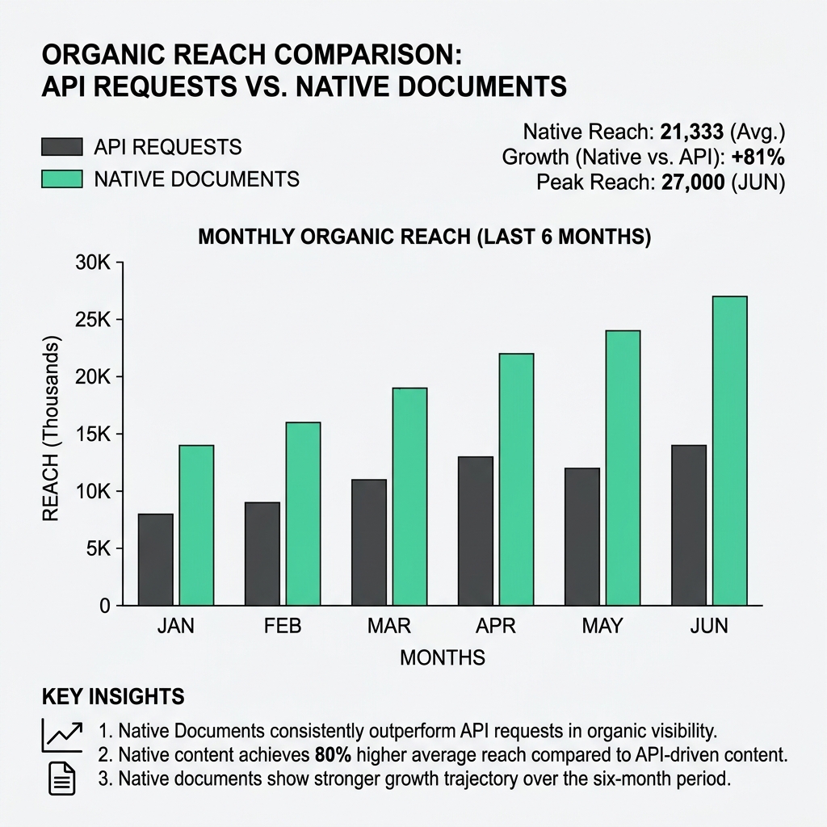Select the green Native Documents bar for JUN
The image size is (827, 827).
coord(729,451)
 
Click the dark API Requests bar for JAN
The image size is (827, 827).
coord(155,559)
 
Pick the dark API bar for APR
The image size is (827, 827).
coord(476,531)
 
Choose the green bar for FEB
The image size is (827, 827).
coord(302,513)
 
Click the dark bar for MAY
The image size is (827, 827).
coord(582,536)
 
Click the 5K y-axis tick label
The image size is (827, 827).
coord(95,548)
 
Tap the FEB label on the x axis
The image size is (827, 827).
coord(282,627)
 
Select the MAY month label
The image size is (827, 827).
coord(602,627)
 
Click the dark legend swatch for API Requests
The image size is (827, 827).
coord(61,147)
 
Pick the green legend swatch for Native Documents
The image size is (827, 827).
coord(61,178)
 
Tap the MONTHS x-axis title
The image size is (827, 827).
coord(443,657)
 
